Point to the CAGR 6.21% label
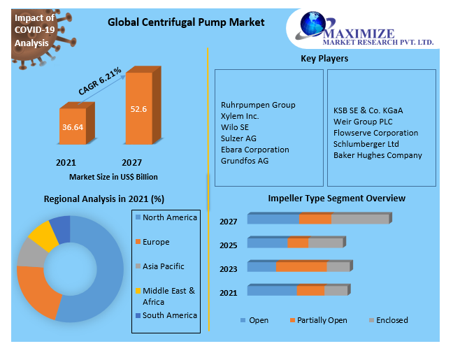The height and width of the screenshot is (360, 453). coord(101,82)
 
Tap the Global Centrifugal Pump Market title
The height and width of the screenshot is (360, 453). coord(186,22)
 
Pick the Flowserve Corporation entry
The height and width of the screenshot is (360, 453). coord(375,133)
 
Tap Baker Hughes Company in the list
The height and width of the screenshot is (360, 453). coord(377,155)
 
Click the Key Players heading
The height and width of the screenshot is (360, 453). coord(324,59)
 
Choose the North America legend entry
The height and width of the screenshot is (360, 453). coord(169,217)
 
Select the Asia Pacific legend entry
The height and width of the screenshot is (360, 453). coord(165,266)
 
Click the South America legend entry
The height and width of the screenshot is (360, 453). coord(169,315)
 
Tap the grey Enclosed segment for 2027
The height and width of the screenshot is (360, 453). coord(359,219)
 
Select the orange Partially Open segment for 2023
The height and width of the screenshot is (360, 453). coord(301,266)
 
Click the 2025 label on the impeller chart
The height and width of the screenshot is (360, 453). coord(228,245)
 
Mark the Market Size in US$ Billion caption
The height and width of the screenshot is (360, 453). coord(114,177)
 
